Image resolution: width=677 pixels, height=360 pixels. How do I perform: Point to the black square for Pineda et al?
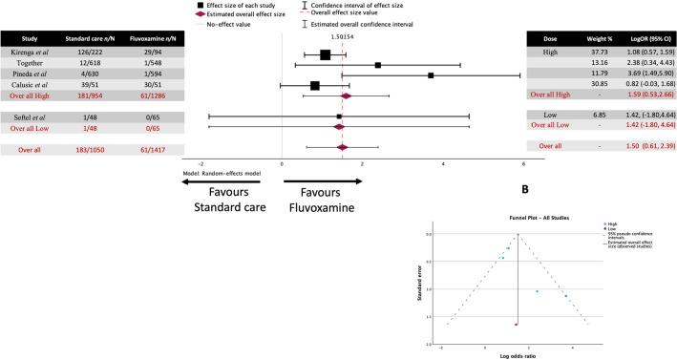pyautogui.click(x=431, y=75)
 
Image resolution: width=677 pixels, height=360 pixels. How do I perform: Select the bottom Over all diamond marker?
pyautogui.click(x=342, y=147)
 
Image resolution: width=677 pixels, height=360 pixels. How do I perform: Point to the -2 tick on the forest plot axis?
pyautogui.click(x=201, y=163)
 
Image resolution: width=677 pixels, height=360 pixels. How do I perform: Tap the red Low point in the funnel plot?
pyautogui.click(x=516, y=325)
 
